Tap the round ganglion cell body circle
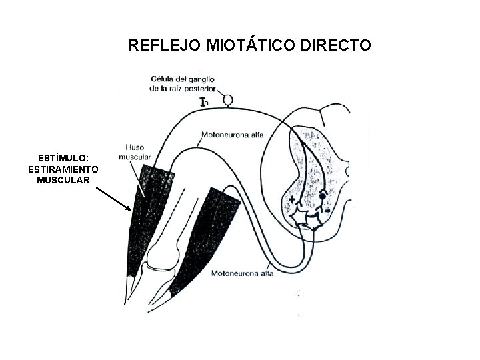[x=229, y=101]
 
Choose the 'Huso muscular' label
[x=136, y=152]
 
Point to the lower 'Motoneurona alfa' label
[x=241, y=272]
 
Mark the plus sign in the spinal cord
[x=291, y=198]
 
